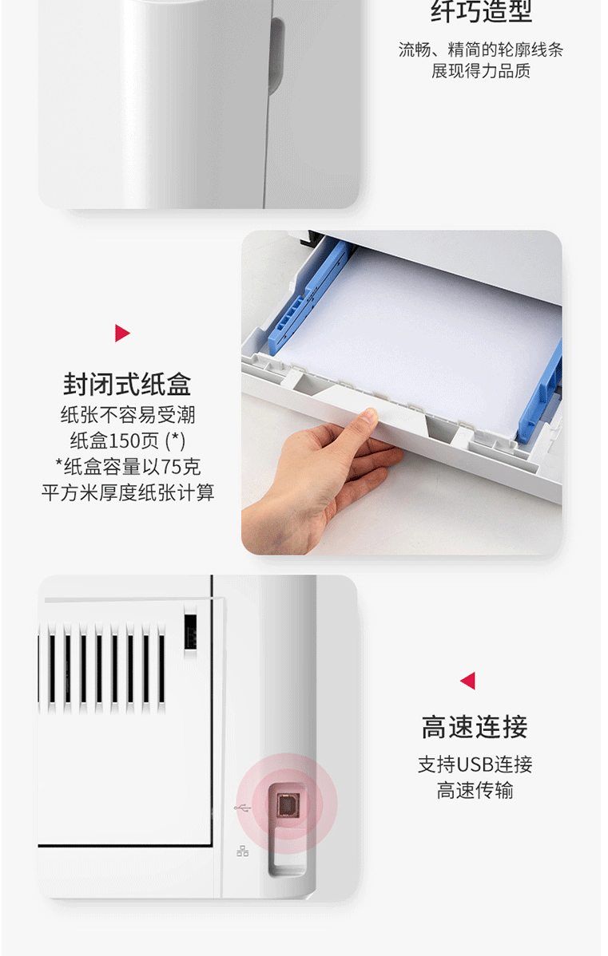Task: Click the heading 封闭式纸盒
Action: click(127, 385)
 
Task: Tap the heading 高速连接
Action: click(475, 727)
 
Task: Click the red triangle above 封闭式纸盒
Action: click(122, 333)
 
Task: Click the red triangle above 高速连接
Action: click(467, 681)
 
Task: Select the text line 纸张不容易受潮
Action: click(128, 415)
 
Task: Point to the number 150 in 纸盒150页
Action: click(128, 440)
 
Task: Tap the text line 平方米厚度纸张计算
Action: click(128, 492)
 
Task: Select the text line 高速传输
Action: click(475, 791)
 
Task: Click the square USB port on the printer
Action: click(286, 806)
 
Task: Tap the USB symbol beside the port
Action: click(242, 808)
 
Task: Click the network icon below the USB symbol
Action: click(242, 851)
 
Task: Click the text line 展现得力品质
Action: click(481, 71)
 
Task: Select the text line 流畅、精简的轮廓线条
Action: click(481, 50)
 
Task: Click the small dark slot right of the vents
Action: click(190, 632)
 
